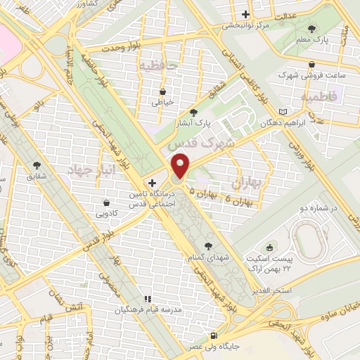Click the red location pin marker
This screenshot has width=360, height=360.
tap(181, 166)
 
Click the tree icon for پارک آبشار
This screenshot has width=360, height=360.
tap(194, 112)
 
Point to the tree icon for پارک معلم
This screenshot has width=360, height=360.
tap(312, 29)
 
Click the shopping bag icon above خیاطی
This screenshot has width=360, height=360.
tap(163, 91)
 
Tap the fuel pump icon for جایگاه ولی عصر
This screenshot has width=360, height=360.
tap(214, 336)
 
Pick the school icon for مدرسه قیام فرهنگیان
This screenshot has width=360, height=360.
tap(148, 299)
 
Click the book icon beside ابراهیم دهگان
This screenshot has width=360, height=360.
tap(283, 112)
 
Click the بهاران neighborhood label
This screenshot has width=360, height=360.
tap(245, 184)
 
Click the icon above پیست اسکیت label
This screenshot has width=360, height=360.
tap(270, 249)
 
